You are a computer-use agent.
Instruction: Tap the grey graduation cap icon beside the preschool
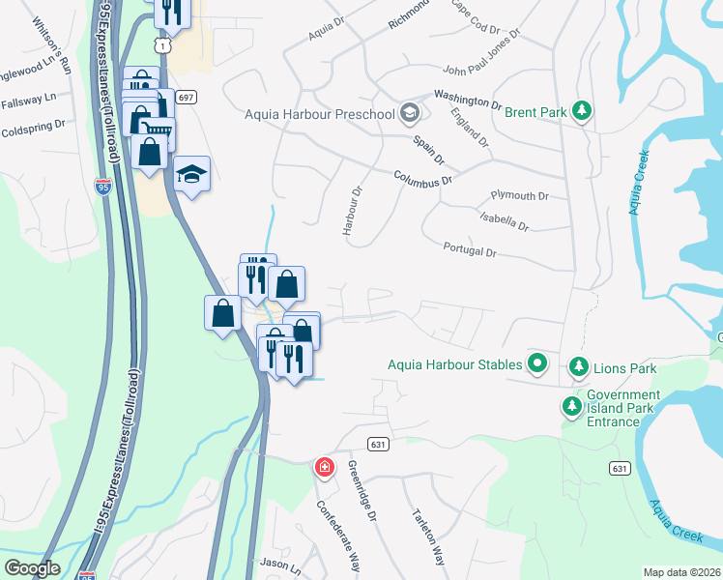click(x=410, y=114)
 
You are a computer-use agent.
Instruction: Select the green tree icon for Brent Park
click(x=582, y=112)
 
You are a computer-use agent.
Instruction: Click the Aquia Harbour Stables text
click(x=454, y=364)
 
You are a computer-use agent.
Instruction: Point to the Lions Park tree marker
click(x=578, y=367)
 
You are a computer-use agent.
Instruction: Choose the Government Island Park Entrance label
click(x=623, y=408)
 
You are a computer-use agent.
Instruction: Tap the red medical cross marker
click(x=325, y=468)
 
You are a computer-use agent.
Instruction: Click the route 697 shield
click(x=187, y=97)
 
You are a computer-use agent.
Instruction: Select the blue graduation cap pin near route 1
click(x=192, y=174)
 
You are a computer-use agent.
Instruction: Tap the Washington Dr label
click(x=468, y=99)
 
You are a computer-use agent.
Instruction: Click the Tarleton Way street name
click(x=427, y=536)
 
